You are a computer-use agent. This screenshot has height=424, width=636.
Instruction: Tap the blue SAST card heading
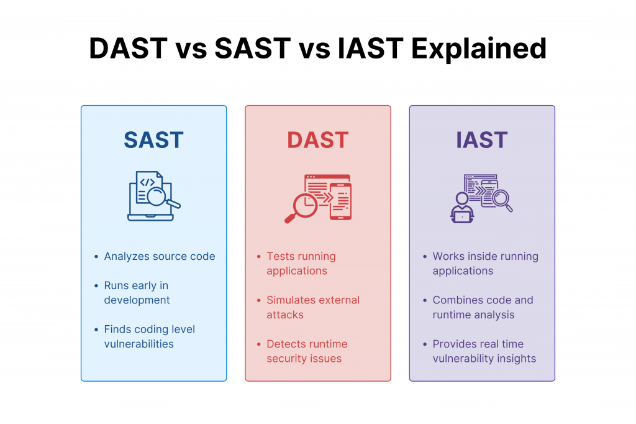coord(154,140)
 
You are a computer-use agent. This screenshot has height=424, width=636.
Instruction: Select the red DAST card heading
coord(317,140)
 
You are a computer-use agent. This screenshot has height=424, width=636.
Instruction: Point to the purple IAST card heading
coord(482,140)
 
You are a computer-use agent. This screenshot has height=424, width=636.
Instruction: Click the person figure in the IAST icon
coord(462,208)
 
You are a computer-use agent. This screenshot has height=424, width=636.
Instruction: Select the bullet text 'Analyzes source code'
coord(160,257)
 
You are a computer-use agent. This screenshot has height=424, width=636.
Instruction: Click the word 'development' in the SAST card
coord(137,300)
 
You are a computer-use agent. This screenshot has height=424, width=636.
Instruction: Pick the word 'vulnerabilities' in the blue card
coord(139,344)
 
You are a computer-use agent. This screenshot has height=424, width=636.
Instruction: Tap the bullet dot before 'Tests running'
coord(259,257)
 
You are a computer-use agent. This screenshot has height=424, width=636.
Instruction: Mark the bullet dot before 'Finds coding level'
coord(96,330)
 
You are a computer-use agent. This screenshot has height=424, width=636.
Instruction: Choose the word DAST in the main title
coord(128,48)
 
